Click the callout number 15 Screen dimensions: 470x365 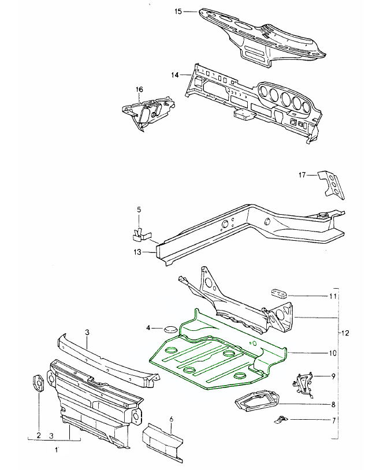tap(178, 12)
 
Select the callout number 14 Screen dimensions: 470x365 tap(175, 74)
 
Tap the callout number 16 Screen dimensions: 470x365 tap(139, 89)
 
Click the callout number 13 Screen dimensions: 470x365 tap(137, 252)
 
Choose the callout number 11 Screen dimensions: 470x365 tap(333, 296)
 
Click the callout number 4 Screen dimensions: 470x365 tap(148, 328)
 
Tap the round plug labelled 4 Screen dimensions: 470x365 tap(169, 329)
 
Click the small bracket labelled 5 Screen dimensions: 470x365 tap(139, 233)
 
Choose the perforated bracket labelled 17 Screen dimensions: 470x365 tap(330, 185)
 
